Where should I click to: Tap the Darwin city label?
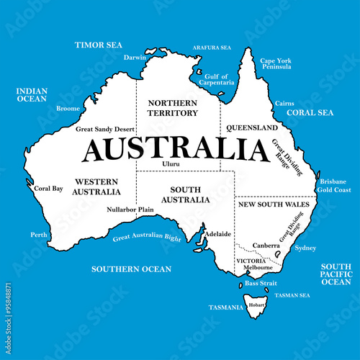[x=135, y=57]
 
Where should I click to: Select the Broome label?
[x=68, y=109]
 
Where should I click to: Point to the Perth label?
[x=39, y=235]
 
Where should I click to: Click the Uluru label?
[x=171, y=164]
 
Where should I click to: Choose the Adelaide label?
[x=217, y=234]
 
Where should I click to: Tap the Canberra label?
[x=266, y=246]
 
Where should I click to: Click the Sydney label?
[x=305, y=248]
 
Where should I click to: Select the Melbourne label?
[x=258, y=267]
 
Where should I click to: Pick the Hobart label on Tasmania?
[x=256, y=305]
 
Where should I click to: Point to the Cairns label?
[x=284, y=104]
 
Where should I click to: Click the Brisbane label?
[x=333, y=181]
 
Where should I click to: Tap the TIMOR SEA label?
[x=99, y=45]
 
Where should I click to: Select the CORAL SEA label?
[x=310, y=113]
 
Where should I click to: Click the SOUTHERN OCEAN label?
[x=131, y=269]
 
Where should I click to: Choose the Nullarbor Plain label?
[x=130, y=210]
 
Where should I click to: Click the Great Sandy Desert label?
[x=105, y=130]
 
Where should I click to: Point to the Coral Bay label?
[x=49, y=189]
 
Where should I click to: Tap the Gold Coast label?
[x=334, y=190]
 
